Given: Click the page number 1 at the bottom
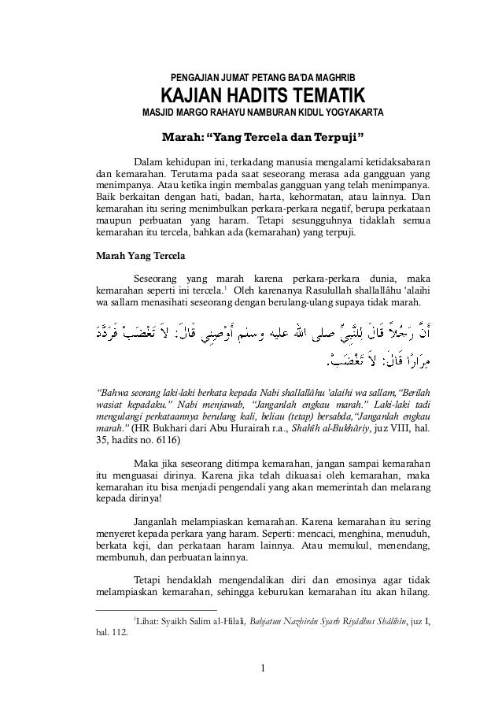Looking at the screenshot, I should coord(264,671).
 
